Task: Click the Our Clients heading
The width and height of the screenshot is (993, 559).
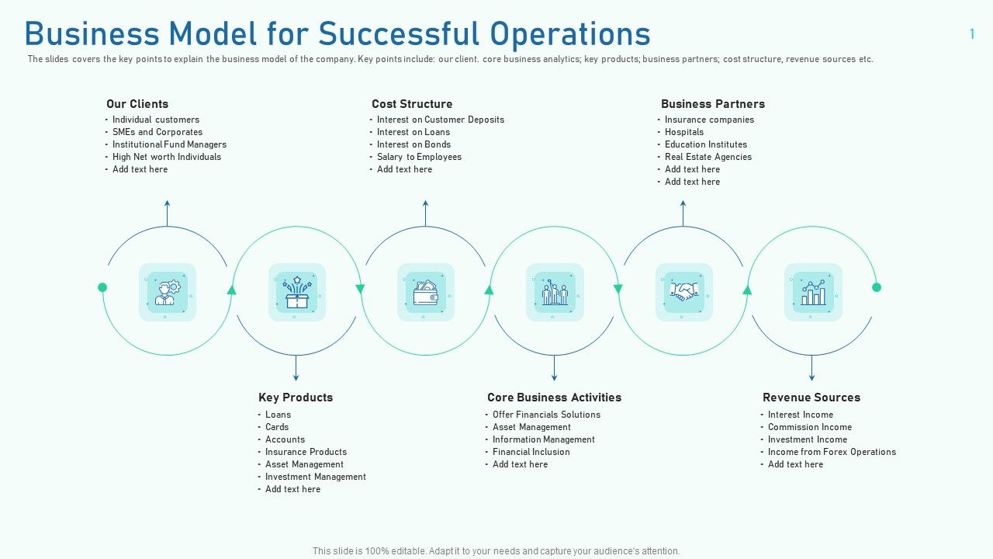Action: pyautogui.click(x=137, y=104)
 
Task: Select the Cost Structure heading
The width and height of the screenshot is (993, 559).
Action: pyautogui.click(x=412, y=104)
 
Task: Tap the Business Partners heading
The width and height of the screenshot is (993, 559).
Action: pyautogui.click(x=712, y=104)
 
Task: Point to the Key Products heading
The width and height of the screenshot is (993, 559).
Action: pyautogui.click(x=296, y=398)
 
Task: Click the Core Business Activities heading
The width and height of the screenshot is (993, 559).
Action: pyautogui.click(x=554, y=398)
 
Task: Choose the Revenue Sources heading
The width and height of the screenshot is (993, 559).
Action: pyautogui.click(x=811, y=398)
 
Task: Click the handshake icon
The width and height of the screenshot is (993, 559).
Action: pyautogui.click(x=683, y=292)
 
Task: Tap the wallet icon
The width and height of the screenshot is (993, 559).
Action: pyautogui.click(x=425, y=292)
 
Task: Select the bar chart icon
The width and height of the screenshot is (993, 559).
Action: pyautogui.click(x=812, y=292)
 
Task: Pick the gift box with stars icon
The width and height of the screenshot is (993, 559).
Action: pyautogui.click(x=296, y=292)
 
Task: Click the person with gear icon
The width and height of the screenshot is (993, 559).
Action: pyautogui.click(x=168, y=292)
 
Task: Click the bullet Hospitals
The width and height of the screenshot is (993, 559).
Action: pyautogui.click(x=683, y=132)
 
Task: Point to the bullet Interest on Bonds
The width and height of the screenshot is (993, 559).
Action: pyautogui.click(x=413, y=144)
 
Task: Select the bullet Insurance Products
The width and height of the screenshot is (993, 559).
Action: pyautogui.click(x=306, y=452)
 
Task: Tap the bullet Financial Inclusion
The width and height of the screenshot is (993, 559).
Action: pyautogui.click(x=531, y=452)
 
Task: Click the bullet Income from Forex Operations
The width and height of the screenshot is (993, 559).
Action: pyautogui.click(x=832, y=452)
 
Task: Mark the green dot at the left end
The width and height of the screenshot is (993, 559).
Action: pyautogui.click(x=102, y=287)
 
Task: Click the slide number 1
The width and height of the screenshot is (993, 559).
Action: pyautogui.click(x=972, y=34)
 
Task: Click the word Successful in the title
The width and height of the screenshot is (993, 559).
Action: pyautogui.click(x=399, y=34)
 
